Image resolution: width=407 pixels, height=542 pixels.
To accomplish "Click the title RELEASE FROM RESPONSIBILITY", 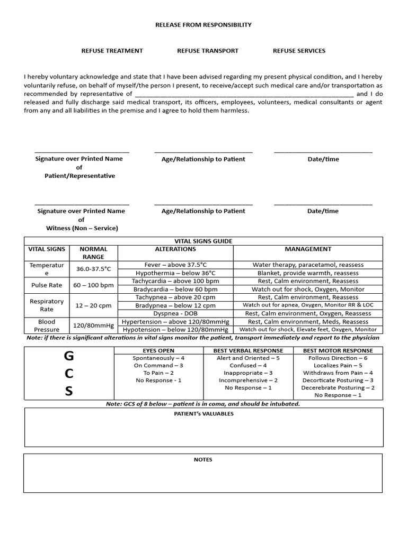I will [x=203, y=25].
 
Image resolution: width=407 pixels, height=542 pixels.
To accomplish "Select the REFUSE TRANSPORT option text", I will [x=208, y=51].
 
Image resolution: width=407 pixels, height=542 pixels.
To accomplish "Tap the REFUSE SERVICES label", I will [x=299, y=51].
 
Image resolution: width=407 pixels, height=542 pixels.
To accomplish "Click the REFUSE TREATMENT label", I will [x=112, y=51].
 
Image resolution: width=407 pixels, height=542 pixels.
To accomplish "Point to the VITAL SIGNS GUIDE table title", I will [x=203, y=241].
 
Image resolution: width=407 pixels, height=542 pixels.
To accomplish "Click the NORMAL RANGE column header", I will [x=93, y=252].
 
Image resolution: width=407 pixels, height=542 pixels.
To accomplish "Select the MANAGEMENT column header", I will [x=308, y=249].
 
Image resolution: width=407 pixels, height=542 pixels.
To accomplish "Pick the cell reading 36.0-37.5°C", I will [x=93, y=269].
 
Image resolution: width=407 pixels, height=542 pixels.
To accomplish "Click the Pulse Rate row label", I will [x=47, y=285].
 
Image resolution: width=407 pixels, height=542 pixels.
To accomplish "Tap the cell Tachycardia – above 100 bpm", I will [x=175, y=281].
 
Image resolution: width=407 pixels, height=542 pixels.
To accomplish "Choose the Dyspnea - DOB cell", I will [x=175, y=313].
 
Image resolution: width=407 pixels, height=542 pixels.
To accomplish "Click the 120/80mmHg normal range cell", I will [x=93, y=326].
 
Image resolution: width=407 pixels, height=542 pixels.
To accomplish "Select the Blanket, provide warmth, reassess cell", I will [x=308, y=273].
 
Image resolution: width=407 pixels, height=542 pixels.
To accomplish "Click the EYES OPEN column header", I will [x=158, y=350].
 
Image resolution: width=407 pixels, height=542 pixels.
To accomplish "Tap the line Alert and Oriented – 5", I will [x=248, y=358].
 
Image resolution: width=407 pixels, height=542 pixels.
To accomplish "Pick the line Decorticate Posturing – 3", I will [x=338, y=380].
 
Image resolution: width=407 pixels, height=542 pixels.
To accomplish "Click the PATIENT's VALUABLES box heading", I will [x=203, y=413].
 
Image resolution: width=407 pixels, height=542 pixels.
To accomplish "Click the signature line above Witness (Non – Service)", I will [x=82, y=204].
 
